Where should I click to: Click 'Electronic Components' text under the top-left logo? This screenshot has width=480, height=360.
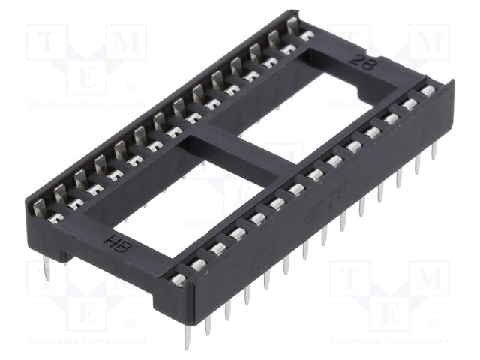(85, 105)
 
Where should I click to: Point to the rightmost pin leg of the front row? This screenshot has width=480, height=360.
(434, 152)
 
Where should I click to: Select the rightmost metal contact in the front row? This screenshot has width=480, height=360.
(427, 91)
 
